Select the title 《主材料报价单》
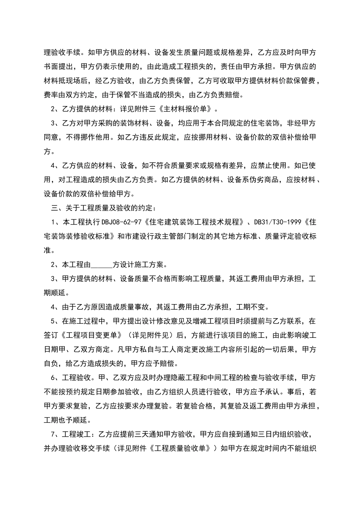[188, 109]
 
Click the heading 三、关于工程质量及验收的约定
[103, 208]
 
